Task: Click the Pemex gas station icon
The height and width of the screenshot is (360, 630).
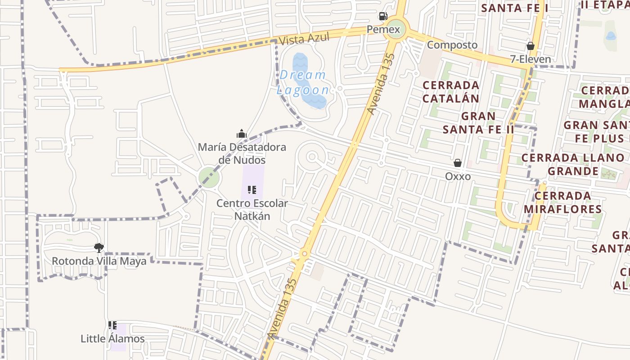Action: [x=383, y=17]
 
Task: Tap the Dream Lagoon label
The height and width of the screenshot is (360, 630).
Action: [x=303, y=82]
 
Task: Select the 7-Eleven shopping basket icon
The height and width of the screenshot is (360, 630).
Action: [x=531, y=46]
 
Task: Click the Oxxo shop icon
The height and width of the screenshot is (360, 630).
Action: [x=458, y=163]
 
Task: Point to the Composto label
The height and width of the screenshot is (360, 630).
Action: [x=452, y=45]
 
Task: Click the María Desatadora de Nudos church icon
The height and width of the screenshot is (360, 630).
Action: [x=242, y=134]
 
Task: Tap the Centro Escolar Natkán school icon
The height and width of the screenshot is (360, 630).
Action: [x=252, y=190]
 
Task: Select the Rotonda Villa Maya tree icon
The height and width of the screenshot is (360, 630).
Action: [x=99, y=247]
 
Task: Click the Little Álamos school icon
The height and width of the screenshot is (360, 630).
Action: [x=112, y=325]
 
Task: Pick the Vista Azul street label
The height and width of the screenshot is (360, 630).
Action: [x=304, y=39]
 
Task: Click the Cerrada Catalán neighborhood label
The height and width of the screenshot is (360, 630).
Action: [x=451, y=91]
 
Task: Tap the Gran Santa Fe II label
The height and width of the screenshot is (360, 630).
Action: [x=478, y=123]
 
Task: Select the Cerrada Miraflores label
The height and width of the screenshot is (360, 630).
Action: [x=562, y=202]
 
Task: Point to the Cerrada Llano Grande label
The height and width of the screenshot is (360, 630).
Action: [x=573, y=164]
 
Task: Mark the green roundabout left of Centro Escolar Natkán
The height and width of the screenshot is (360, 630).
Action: [x=209, y=177]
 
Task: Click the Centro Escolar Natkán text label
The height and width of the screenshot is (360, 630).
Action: [x=252, y=210]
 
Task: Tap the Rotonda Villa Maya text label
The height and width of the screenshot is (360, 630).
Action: [x=99, y=261]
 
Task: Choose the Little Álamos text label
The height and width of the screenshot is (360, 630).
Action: [x=112, y=339]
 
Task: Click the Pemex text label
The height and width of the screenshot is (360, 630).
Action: [x=383, y=30]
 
